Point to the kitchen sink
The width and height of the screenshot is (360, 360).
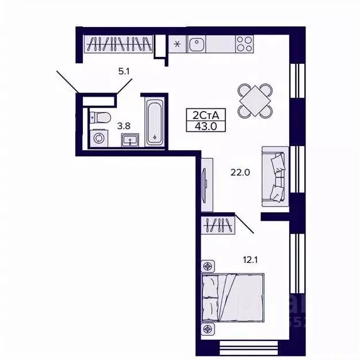pos(196,44)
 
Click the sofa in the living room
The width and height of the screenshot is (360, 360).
pos(274,176)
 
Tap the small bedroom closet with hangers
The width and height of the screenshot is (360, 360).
pos(218,224)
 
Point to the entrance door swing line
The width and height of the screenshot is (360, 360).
pos(68,81)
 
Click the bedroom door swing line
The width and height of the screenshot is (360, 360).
pos(244,224)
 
